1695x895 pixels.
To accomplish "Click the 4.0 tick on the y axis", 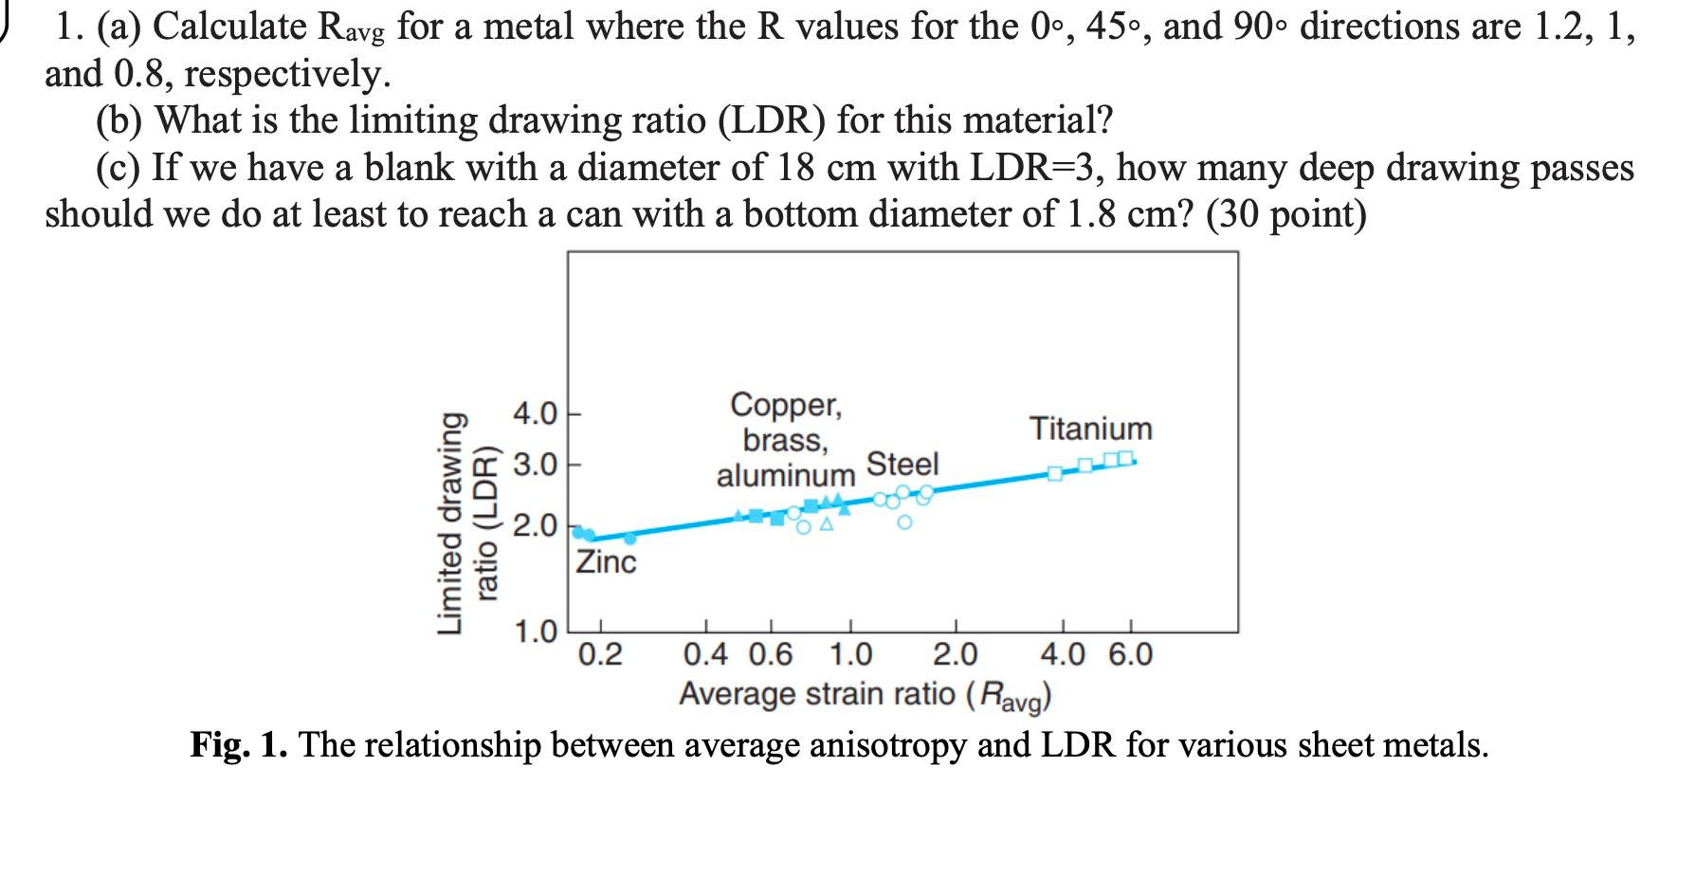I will click(x=535, y=414).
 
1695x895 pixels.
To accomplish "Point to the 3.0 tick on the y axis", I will click(x=535, y=466).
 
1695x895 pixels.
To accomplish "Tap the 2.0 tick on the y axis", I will click(x=535, y=526).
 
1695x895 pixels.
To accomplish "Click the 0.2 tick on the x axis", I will click(x=600, y=654).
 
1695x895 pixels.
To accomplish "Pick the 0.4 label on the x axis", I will click(x=706, y=654).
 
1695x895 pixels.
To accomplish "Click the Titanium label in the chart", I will click(x=1091, y=429).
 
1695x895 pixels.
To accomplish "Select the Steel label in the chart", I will click(x=902, y=464).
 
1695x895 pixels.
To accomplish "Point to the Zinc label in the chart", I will click(x=607, y=562).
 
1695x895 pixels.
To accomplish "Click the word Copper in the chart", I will click(x=786, y=406).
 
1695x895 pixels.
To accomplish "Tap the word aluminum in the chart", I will click(x=786, y=474).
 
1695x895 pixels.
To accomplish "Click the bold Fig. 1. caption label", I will click(x=240, y=745).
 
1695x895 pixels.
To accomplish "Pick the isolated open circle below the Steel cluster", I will click(x=904, y=522).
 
